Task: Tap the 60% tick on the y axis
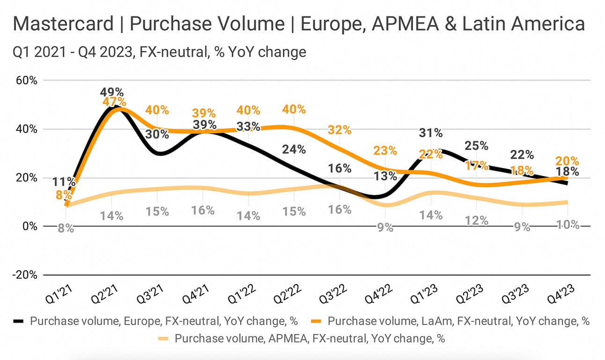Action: (27, 81)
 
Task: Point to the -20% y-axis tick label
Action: (25, 275)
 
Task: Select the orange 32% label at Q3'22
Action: (339, 130)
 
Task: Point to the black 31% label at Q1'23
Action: (431, 133)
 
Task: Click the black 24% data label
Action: (294, 149)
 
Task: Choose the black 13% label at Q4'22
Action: (385, 176)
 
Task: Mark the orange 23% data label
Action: (385, 151)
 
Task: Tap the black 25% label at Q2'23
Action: (477, 146)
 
